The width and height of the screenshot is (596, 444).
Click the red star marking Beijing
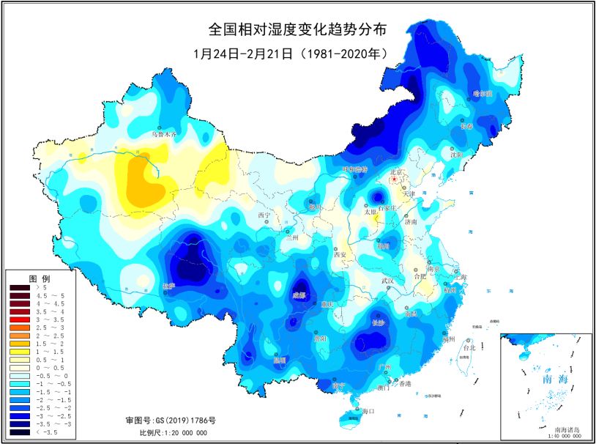pyautogui.click(x=394, y=178)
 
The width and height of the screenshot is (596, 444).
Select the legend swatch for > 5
pyautogui.click(x=20, y=288)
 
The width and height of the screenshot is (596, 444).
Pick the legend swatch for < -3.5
pyautogui.click(x=20, y=433)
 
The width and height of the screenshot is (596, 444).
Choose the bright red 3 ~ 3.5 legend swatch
pyautogui.click(x=20, y=320)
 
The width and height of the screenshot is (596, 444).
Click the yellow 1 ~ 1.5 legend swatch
pyautogui.click(x=20, y=352)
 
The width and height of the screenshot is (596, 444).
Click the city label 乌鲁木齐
pyautogui.click(x=164, y=134)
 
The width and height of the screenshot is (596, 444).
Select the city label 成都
pyautogui.click(x=298, y=295)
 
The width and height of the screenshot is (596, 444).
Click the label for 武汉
pyautogui.click(x=387, y=281)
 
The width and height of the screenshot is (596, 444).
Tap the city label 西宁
pyautogui.click(x=264, y=215)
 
